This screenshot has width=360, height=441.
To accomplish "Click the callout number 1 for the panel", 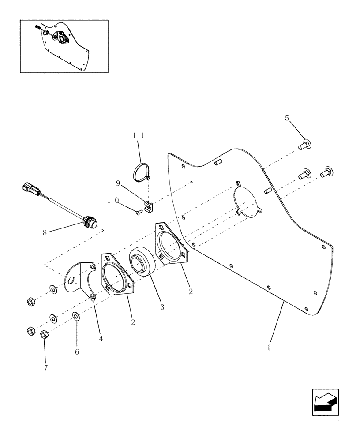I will pyautogui.click(x=268, y=347).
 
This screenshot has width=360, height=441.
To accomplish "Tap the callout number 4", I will pyautogui.click(x=101, y=339).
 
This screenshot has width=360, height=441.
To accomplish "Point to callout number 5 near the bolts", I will pyautogui.click(x=287, y=118).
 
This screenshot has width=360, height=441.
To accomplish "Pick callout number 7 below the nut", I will pyautogui.click(x=45, y=367).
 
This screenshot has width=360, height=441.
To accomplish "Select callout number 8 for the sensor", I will pyautogui.click(x=45, y=232).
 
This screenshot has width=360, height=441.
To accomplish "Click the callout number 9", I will pyautogui.click(x=117, y=183).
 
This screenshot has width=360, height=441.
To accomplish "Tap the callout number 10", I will pyautogui.click(x=112, y=200).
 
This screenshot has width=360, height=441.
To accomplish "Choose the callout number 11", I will pyautogui.click(x=139, y=136).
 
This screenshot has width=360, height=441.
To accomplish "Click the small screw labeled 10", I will pyautogui.click(x=138, y=213).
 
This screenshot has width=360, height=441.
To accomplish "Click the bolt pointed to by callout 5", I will pyautogui.click(x=306, y=144).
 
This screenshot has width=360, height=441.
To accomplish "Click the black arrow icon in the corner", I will pyautogui.click(x=325, y=402).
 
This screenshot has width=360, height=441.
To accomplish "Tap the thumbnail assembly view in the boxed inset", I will pyautogui.click(x=64, y=46).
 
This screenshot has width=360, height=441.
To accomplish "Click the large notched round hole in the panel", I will pyautogui.click(x=247, y=200).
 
